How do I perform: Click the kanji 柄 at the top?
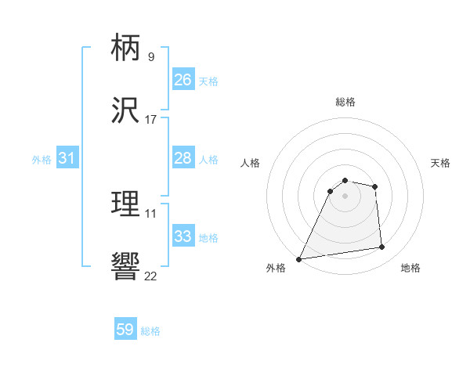click(126, 49)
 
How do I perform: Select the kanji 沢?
click(126, 111)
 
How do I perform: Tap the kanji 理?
click(126, 204)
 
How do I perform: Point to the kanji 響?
click(126, 267)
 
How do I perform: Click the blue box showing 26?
click(183, 80)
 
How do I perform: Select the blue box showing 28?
click(183, 159)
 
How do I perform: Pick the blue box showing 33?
click(183, 237)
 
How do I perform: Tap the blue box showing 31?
click(67, 159)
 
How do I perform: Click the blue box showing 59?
click(125, 330)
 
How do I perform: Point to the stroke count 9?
click(151, 56)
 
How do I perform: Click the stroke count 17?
click(151, 120)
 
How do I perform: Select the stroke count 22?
click(151, 276)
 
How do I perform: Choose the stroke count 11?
click(151, 213)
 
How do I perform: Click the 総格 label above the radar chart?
click(345, 102)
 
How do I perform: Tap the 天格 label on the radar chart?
click(440, 163)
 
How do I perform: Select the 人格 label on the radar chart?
click(250, 163)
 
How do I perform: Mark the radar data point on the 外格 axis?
click(299, 259)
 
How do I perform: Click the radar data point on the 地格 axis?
click(382, 247)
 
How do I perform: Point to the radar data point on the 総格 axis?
click(345, 181)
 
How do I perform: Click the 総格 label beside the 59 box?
click(150, 331)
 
